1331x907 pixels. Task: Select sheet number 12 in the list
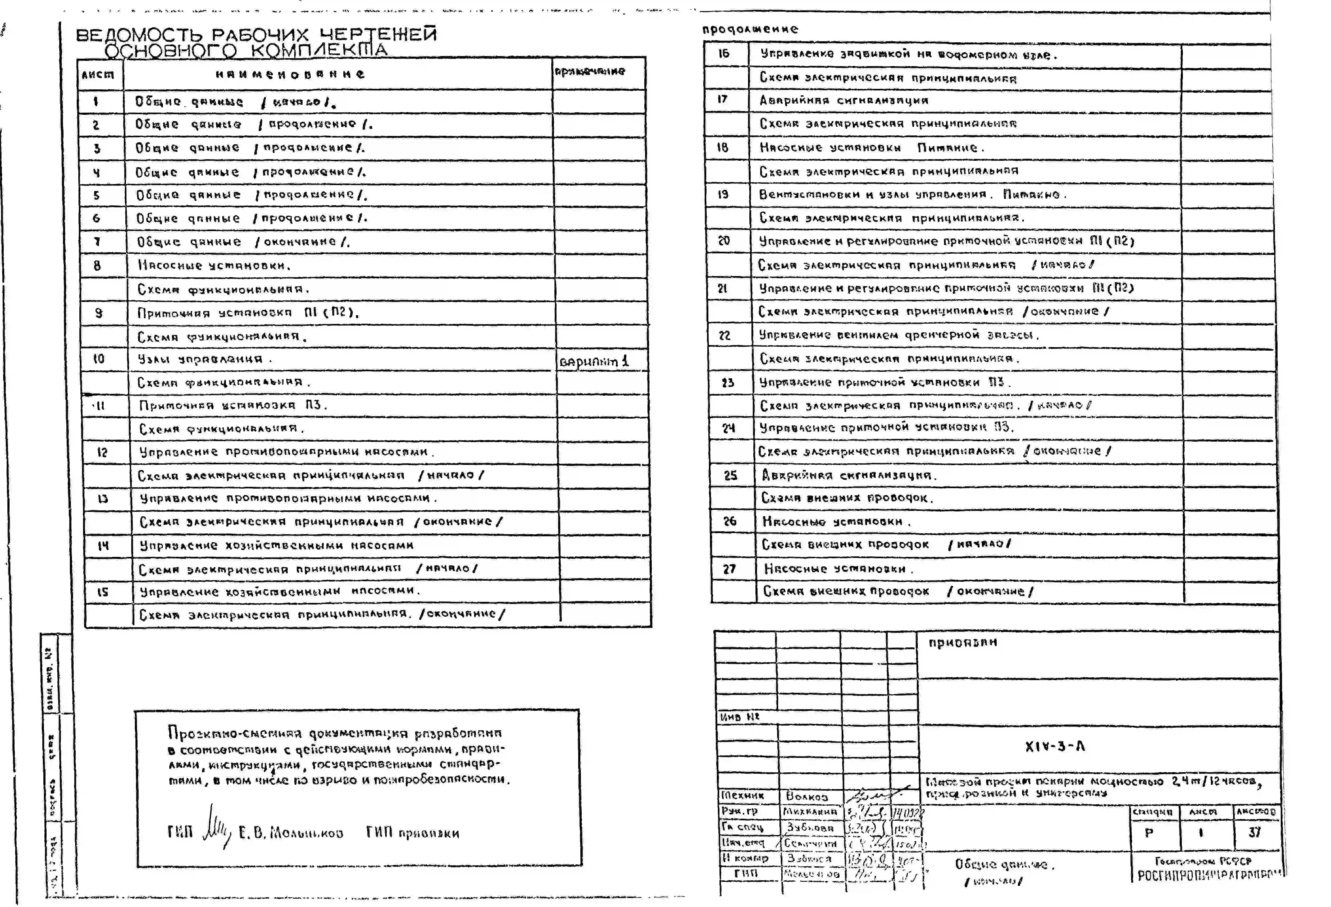coord(102,452)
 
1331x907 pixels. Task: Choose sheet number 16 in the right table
coord(724,53)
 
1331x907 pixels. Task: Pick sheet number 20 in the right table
coord(724,240)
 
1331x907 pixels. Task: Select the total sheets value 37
coord(1254,832)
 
